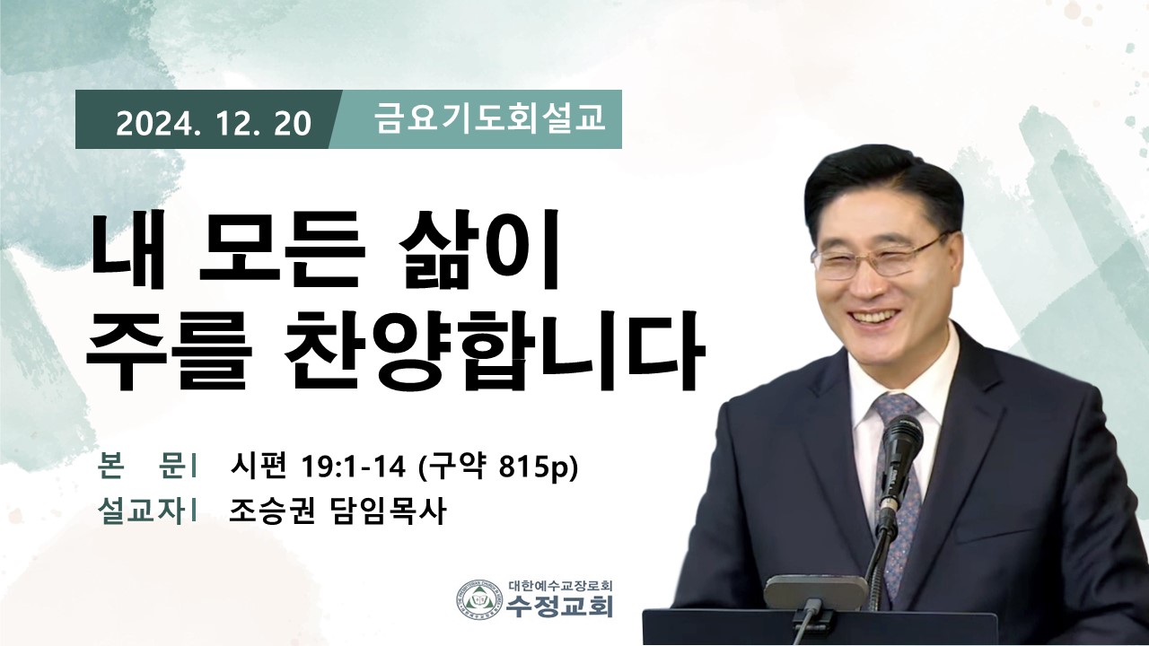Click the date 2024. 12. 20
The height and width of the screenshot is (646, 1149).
(x=214, y=124)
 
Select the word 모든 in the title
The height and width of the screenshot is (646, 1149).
(x=282, y=250)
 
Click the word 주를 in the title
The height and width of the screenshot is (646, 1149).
(x=170, y=353)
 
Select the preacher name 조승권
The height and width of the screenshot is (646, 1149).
(x=271, y=511)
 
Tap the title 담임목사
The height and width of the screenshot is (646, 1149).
(x=386, y=511)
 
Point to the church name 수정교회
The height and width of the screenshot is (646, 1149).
(x=558, y=606)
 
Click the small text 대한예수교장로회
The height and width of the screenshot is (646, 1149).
(x=561, y=585)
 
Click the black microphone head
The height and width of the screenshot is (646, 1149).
(x=901, y=442)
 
